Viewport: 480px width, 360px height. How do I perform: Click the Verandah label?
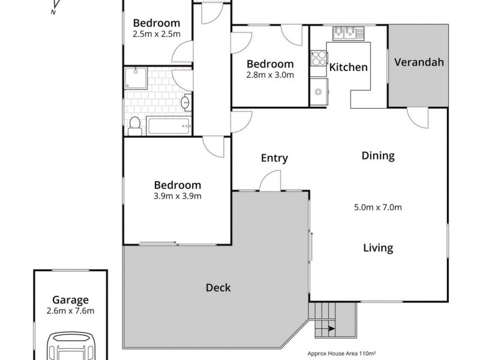click(418, 62)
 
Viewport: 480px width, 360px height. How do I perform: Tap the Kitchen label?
click(348, 67)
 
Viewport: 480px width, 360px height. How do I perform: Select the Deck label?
click(218, 287)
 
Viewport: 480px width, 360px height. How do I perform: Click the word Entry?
click(274, 158)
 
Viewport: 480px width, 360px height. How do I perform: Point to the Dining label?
click(378, 156)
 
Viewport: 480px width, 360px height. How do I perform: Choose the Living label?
click(378, 248)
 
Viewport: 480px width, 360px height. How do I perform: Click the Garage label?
click(70, 300)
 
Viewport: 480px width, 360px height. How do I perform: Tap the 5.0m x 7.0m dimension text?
click(378, 208)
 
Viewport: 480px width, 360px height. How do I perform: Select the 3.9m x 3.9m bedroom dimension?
click(177, 196)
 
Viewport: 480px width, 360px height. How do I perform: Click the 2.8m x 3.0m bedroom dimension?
click(270, 75)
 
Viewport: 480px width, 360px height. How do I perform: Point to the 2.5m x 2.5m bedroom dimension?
click(156, 34)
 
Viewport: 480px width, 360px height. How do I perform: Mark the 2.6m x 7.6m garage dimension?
click(70, 311)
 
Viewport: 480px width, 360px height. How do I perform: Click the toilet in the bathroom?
click(135, 125)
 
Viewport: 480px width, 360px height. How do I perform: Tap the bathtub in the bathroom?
click(169, 126)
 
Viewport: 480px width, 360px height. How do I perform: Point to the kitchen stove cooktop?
click(317, 59)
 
